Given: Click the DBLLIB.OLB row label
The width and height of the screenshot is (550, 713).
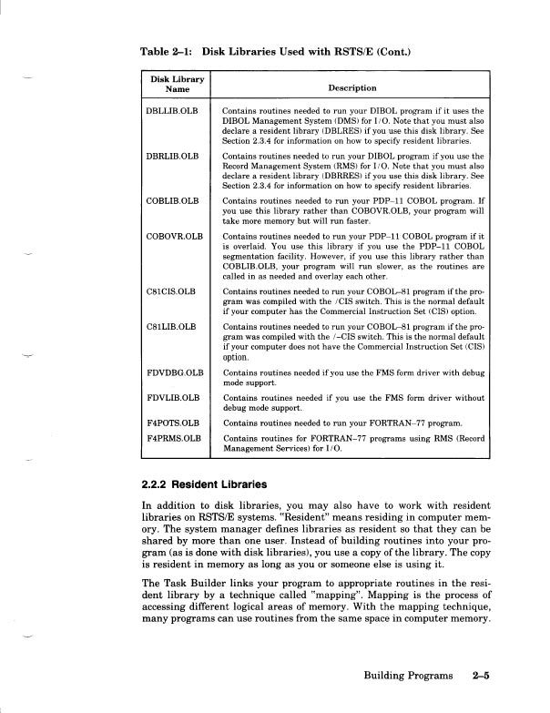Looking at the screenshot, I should (172, 110).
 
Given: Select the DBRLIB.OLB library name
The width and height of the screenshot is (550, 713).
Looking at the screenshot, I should (172, 155).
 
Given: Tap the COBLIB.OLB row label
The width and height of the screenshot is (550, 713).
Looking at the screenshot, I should (172, 199).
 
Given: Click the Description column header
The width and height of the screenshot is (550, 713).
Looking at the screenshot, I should (351, 88).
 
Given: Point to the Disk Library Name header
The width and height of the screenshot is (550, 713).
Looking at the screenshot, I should (177, 83).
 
